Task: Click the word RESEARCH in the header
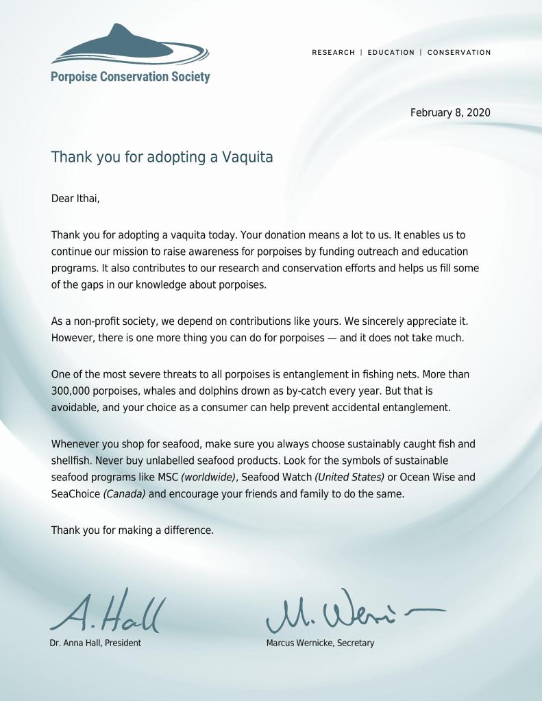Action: point(334,52)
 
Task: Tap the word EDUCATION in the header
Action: point(391,52)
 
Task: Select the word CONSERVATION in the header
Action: point(459,52)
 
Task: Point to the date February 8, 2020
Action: point(450,112)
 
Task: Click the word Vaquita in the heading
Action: point(247,158)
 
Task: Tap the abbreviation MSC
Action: point(165,477)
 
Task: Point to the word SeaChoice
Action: point(75,494)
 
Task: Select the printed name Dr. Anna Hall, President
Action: point(95,643)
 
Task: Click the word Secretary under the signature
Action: point(356,643)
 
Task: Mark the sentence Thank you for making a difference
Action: point(132,530)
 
